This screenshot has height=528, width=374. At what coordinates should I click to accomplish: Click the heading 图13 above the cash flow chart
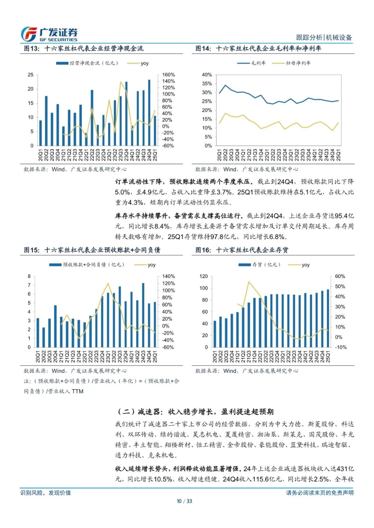(x=83, y=48)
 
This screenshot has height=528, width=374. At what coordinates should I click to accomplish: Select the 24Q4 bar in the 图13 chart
(x=149, y=113)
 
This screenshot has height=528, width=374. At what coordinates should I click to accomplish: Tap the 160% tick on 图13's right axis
(x=168, y=75)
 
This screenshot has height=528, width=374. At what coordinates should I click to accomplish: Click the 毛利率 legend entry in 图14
(x=252, y=63)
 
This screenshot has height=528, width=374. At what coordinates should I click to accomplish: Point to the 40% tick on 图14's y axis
(x=207, y=75)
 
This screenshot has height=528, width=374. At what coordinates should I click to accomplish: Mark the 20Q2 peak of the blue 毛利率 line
(x=225, y=85)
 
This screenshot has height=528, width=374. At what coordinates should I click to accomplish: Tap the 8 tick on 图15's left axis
(x=29, y=276)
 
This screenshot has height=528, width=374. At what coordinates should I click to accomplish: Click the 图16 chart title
(x=242, y=250)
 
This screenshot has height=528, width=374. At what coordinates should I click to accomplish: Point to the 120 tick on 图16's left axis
(x=204, y=276)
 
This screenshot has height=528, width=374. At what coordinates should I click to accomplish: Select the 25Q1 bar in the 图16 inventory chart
(x=328, y=318)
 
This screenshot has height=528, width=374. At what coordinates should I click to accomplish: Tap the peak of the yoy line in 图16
(x=249, y=282)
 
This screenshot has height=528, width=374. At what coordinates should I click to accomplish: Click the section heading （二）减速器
(x=196, y=411)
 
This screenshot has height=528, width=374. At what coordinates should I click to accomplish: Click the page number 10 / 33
(x=184, y=501)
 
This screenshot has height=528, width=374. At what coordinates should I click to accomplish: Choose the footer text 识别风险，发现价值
(x=45, y=493)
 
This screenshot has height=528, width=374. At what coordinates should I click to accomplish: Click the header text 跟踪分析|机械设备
(x=324, y=37)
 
